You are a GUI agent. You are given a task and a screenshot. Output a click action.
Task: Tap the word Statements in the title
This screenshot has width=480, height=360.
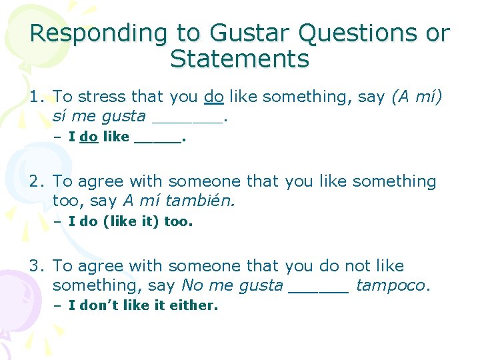[x=240, y=59]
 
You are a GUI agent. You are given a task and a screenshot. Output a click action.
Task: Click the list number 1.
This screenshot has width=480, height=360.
[x=35, y=97]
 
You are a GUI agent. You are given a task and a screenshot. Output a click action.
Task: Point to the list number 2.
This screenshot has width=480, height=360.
[x=35, y=181]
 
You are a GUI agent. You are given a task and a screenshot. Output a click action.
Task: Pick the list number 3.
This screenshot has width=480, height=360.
[x=35, y=266]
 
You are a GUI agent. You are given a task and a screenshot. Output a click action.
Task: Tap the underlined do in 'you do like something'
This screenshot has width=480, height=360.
[x=213, y=97]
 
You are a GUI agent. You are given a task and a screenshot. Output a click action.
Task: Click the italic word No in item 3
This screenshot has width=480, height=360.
[x=191, y=286]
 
